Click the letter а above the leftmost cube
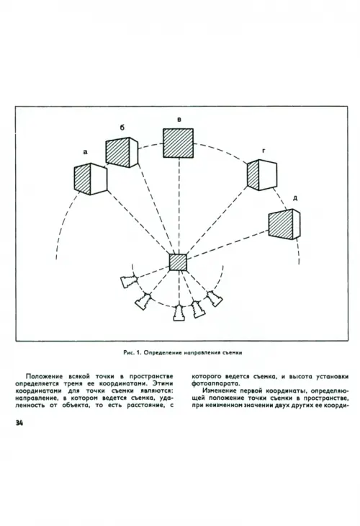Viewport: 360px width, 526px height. (86, 152)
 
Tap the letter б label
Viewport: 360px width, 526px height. (122, 128)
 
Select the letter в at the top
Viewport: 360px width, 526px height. (179, 120)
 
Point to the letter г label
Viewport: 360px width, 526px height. (264, 151)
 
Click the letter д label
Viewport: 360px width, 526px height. (295, 198)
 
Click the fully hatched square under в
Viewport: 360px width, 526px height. (178, 143)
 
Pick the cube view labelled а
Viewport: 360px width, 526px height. (90, 179)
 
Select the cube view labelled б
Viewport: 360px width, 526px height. (122, 153)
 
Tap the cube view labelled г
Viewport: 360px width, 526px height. (262, 175)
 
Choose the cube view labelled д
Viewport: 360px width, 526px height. (284, 224)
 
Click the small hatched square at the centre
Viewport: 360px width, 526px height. (178, 262)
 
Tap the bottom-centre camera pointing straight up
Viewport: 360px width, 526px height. (179, 313)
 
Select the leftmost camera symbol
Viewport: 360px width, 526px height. (129, 281)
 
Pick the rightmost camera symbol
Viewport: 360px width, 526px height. (214, 298)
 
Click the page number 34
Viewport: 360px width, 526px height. (19, 423)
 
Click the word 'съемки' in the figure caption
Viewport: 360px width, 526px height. (233, 352)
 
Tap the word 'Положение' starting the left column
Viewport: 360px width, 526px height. (44, 376)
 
